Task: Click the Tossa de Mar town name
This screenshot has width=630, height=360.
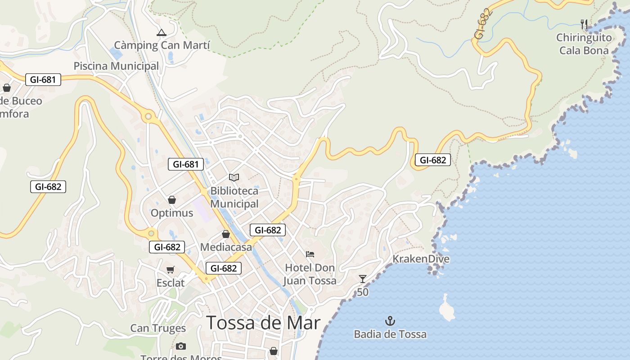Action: (263, 323)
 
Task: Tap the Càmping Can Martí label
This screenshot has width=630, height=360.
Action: (162, 45)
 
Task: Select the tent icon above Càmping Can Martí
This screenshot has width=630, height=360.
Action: (161, 32)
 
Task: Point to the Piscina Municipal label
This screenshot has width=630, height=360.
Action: (116, 66)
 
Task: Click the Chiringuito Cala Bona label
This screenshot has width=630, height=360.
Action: (584, 44)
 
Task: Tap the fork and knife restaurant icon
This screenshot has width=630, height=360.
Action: (584, 24)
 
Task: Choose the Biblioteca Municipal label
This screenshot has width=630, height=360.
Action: (234, 197)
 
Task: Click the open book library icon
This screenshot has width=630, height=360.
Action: (234, 177)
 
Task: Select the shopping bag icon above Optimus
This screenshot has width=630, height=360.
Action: (171, 200)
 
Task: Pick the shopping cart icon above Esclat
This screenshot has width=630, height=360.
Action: (170, 270)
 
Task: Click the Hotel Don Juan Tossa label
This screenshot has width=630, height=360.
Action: (310, 274)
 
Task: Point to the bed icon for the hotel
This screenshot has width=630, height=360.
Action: (310, 254)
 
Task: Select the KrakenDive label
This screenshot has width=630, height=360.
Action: (421, 259)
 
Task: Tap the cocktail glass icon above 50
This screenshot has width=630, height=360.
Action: (363, 279)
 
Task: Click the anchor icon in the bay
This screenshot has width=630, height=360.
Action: (390, 321)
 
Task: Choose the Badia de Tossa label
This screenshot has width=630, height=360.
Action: (390, 334)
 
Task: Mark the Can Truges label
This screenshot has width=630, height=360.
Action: (158, 328)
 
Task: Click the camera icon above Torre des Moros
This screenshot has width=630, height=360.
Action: (181, 346)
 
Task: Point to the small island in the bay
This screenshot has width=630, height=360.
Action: (447, 309)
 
